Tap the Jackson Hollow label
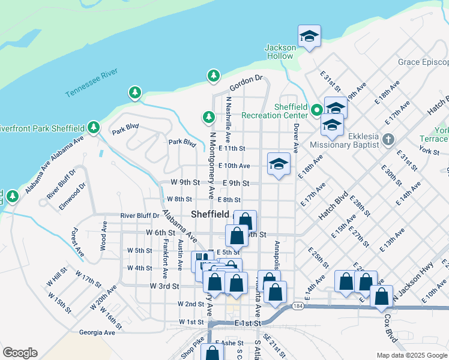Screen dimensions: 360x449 coord(280,52)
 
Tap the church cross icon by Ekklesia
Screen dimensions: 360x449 coord(388,140)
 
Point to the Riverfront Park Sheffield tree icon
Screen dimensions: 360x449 coord(93,127)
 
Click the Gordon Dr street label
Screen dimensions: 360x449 coord(246,79)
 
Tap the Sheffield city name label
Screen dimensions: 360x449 coord(209,214)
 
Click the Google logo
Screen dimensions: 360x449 coord(20,353)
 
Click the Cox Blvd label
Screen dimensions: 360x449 coord(391,329)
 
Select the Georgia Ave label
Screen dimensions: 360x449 coord(97,332)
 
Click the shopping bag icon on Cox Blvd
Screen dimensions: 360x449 coord(381,296)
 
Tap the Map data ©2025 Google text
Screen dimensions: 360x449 coord(412,355)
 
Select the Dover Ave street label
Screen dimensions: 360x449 coord(296,137)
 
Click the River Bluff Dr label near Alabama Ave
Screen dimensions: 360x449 coord(140,215)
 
